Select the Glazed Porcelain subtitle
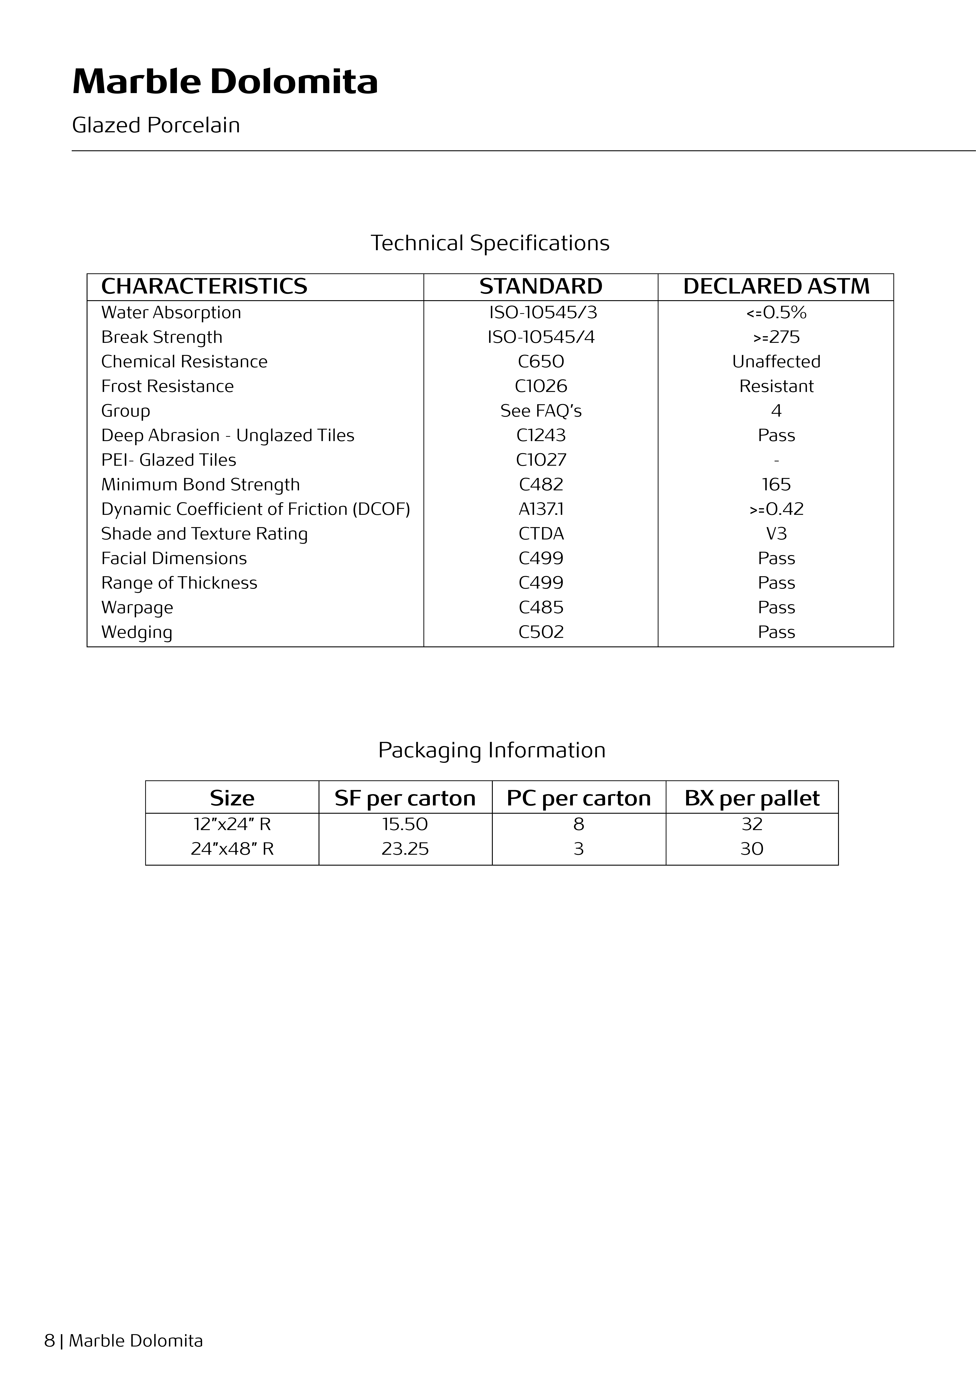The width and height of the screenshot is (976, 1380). click(x=156, y=125)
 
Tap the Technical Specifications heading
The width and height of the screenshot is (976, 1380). click(x=490, y=243)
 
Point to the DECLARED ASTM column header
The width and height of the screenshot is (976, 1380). click(x=776, y=287)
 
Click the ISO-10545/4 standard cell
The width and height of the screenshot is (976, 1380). click(x=541, y=337)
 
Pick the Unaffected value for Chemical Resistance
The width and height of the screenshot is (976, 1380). click(x=776, y=362)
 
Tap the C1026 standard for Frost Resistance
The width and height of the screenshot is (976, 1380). click(x=541, y=386)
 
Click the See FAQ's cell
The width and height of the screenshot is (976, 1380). click(x=541, y=411)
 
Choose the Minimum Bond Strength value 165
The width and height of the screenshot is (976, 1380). click(x=776, y=484)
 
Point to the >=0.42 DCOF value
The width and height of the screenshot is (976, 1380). click(x=776, y=509)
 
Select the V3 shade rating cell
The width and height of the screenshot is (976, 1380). click(x=776, y=534)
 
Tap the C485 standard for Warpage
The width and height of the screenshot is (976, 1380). click(x=541, y=608)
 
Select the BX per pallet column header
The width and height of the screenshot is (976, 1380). click(x=752, y=798)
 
